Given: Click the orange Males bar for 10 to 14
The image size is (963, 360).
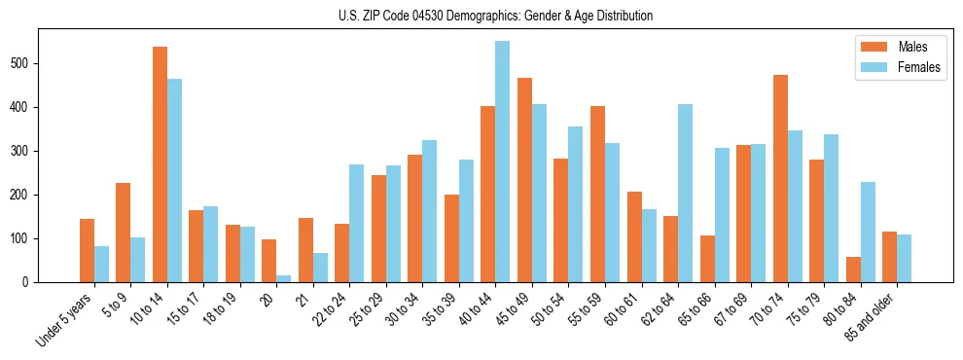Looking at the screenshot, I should coord(160,165).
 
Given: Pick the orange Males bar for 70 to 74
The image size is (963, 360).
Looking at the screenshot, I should coord(780,179).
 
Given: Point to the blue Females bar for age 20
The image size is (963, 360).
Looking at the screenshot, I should coord(283,278).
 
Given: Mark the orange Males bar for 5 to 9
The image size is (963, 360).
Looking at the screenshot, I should coord(124,233).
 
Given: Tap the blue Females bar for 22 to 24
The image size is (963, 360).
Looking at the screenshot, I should coord(356,224).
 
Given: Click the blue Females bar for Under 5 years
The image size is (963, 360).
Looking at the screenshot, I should coord(101,264).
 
